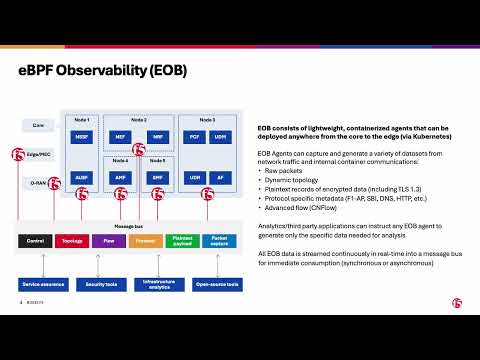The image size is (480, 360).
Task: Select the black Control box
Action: (x=35, y=240)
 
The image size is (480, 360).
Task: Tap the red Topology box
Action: (x=72, y=240)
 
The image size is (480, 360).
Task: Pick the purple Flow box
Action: (x=109, y=240)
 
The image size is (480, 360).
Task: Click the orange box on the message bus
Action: (x=146, y=240)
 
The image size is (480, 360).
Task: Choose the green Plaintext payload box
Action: (x=183, y=240)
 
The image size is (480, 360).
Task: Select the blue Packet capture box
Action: (x=219, y=240)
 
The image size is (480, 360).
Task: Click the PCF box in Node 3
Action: (x=193, y=138)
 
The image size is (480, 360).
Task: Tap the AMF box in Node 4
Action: (x=119, y=177)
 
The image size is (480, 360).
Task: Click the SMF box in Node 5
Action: (x=156, y=177)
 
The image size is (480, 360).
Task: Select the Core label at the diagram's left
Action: (x=37, y=126)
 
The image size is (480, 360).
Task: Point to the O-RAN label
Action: (x=37, y=184)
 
